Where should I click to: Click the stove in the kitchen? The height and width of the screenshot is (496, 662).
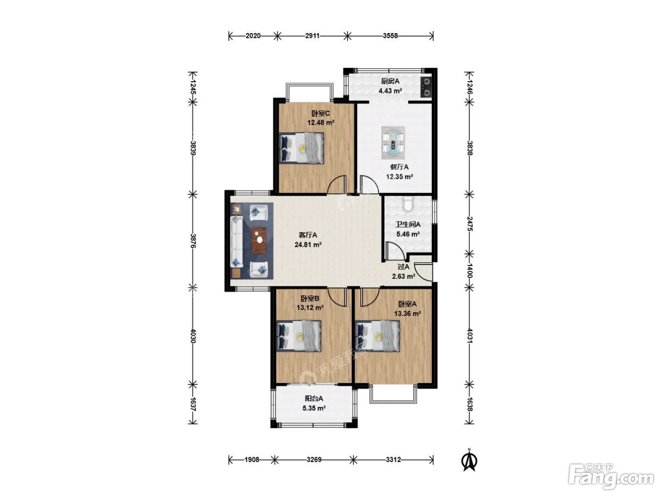(x=426, y=87)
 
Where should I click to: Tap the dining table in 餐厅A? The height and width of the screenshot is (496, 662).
(x=393, y=143)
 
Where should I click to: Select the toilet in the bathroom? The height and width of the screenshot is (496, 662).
(x=408, y=204)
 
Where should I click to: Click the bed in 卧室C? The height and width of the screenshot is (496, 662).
(x=301, y=148)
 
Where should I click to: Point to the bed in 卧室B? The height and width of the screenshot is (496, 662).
(x=299, y=336)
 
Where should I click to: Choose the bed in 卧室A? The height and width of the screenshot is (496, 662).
(x=378, y=336)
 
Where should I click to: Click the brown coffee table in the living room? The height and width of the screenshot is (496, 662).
(x=259, y=241)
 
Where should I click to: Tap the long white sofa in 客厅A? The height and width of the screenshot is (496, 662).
(x=237, y=241)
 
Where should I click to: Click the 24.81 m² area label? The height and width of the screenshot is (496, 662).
(x=308, y=245)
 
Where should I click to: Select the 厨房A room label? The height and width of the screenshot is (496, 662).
(x=390, y=81)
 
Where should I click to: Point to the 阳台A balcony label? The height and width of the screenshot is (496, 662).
(x=314, y=398)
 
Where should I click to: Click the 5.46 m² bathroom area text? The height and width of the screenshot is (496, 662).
(x=408, y=234)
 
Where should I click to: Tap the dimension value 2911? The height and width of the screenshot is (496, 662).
(x=312, y=36)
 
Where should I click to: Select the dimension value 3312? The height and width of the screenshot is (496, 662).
(x=393, y=460)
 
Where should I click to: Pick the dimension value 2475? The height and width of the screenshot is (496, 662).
(x=470, y=224)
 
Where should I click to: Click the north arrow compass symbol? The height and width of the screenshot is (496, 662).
(x=469, y=460)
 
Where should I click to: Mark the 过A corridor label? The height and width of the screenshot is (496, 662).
(x=403, y=267)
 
